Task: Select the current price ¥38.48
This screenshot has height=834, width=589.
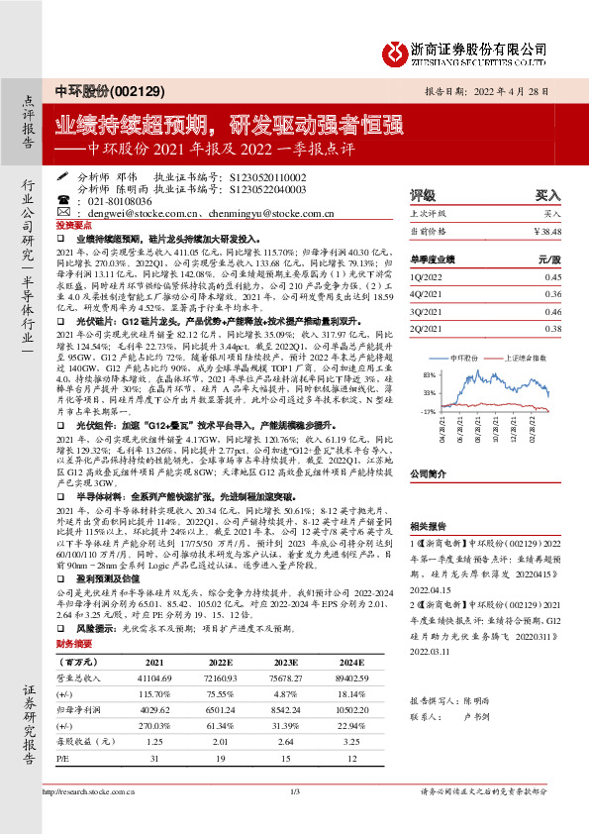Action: (x=546, y=230)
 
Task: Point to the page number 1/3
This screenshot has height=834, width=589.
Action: (x=294, y=818)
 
